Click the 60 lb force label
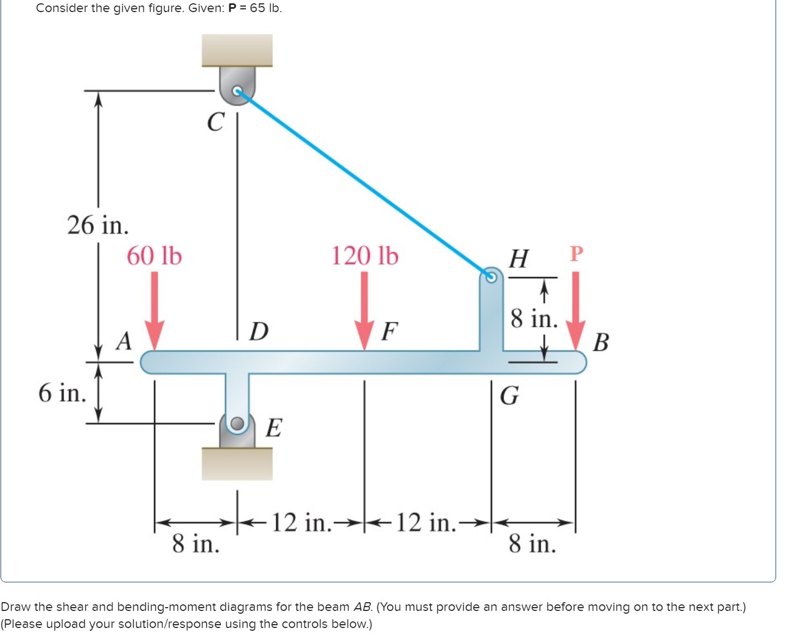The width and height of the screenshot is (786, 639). [x=154, y=256]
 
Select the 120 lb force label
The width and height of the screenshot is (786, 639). [x=365, y=256]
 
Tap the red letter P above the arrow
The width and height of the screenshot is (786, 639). [x=576, y=254]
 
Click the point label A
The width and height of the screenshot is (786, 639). [x=125, y=341]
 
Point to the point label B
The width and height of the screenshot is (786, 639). [x=601, y=342]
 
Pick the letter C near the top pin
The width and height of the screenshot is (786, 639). [x=216, y=122]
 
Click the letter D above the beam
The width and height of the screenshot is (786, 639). [x=259, y=332]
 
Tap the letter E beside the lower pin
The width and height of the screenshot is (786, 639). [x=274, y=427]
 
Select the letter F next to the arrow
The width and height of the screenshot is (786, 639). [x=389, y=332]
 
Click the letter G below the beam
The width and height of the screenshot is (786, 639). [x=509, y=395]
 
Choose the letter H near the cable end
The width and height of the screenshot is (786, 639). [x=519, y=258]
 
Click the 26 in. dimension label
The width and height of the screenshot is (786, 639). [x=98, y=225]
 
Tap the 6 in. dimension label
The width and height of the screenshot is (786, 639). [x=62, y=393]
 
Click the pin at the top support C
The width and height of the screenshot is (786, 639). [x=237, y=91]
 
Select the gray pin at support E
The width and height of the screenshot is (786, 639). [x=237, y=423]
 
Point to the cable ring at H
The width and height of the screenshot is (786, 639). [x=491, y=277]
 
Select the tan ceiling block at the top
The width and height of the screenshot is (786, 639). [x=237, y=50]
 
